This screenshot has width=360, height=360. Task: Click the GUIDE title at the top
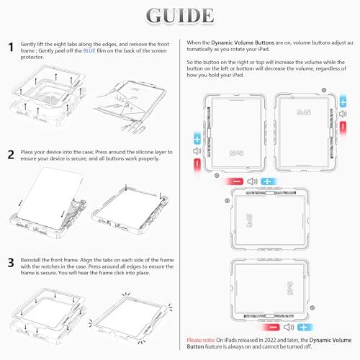[x=180, y=16]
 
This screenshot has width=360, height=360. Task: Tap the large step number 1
[x=11, y=47]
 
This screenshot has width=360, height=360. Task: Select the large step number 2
[x=11, y=155]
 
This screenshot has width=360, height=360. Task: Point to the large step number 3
[x=11, y=263]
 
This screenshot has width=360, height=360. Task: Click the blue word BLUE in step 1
[x=89, y=50]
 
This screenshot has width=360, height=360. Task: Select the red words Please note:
[x=201, y=340]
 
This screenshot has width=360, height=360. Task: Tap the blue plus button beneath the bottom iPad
[x=304, y=327]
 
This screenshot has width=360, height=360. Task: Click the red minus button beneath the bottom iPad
[x=272, y=327]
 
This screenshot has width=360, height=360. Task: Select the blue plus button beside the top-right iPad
[x=343, y=102]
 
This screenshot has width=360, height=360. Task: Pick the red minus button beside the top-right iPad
[x=343, y=127]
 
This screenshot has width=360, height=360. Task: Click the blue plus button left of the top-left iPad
[x=197, y=139]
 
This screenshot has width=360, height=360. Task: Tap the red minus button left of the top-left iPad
[x=197, y=164]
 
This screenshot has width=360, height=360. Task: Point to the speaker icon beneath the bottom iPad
[x=289, y=327]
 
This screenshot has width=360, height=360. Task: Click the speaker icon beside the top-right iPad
[x=343, y=114]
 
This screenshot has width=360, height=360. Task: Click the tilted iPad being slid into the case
[x=50, y=197]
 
